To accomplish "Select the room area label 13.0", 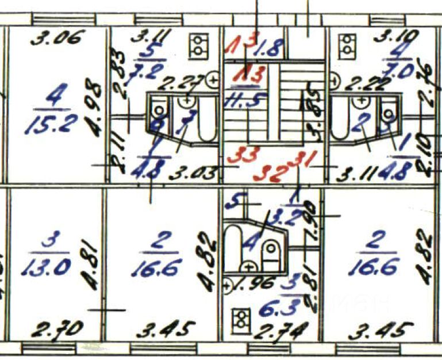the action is point(48,267).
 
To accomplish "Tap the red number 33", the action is point(241,155).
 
